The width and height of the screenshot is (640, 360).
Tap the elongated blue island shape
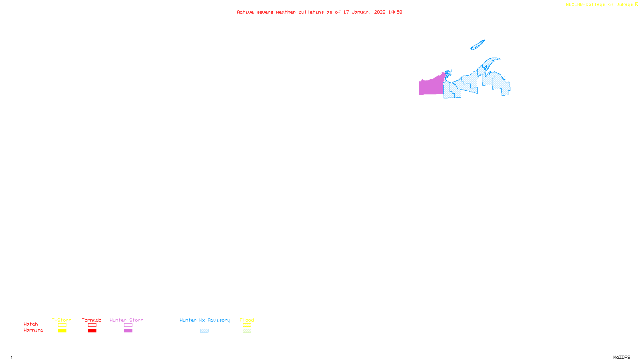tap(477, 45)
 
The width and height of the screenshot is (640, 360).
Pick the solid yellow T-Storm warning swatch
tap(62, 330)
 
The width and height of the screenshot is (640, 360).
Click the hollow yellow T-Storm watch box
tap(62, 325)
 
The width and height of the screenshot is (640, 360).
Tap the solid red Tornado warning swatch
tap(92, 330)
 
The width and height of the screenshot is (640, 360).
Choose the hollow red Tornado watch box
tap(92, 325)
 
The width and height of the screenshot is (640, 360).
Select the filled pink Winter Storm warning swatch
tap(128, 330)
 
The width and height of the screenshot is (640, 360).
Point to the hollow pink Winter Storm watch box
tap(128, 325)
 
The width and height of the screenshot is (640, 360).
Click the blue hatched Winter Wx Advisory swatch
tap(204, 330)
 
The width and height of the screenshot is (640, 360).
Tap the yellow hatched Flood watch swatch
tap(247, 325)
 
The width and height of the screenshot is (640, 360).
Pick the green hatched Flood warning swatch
tap(247, 330)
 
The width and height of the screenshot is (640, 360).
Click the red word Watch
tap(31, 324)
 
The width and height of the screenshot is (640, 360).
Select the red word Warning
tap(33, 330)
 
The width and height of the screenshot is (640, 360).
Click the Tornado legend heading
tap(92, 320)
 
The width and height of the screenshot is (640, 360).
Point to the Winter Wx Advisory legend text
tap(205, 320)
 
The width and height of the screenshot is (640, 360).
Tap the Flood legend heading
tap(247, 320)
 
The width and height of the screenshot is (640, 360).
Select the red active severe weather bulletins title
tap(319, 12)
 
